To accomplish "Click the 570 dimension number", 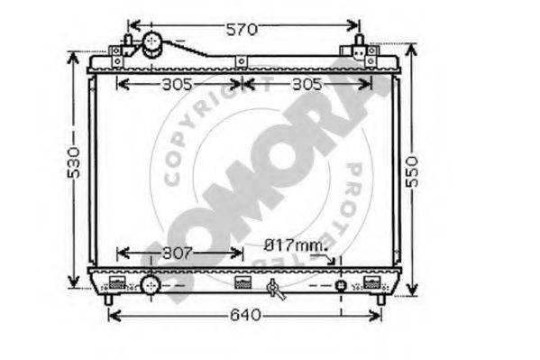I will click(241, 30).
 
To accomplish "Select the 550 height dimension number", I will click(413, 167).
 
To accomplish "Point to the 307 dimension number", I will click(178, 254).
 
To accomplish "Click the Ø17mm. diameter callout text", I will click(296, 245).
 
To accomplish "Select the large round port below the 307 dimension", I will click(150, 285).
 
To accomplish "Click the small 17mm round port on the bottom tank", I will click(341, 285).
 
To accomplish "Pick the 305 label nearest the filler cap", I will click(178, 86).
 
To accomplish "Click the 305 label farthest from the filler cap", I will click(307, 86).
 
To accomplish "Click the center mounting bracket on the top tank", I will click(241, 60).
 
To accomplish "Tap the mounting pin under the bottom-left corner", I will click(108, 299).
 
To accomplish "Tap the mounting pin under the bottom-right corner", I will click(380, 299).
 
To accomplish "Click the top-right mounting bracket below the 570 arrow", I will click(371, 52).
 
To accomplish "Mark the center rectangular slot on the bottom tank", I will click(241, 282).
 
